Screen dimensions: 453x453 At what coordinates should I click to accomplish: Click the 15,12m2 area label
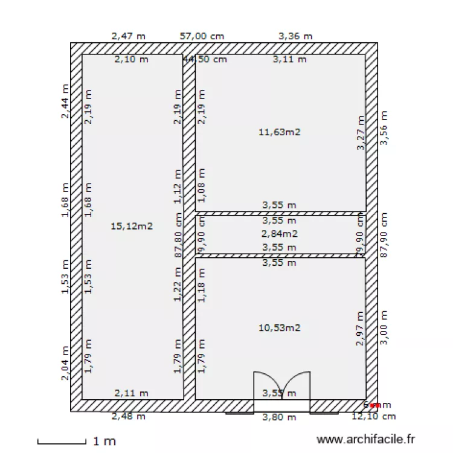(132, 226)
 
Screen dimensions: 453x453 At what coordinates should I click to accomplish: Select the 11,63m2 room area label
(279, 132)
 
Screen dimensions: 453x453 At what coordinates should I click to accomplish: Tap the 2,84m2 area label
(279, 234)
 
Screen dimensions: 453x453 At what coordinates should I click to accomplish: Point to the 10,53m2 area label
(279, 328)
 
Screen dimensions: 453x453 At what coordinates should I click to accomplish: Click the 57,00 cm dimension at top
(202, 36)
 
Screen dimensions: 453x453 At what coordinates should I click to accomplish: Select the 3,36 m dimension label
(295, 36)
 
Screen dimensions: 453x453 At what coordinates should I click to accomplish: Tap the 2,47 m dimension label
(129, 36)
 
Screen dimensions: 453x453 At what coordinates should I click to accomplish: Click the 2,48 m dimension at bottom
(129, 416)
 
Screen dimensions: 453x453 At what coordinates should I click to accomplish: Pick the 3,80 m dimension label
(279, 417)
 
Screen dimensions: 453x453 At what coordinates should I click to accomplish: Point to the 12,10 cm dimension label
(374, 416)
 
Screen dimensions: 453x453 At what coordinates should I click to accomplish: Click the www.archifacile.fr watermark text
(367, 441)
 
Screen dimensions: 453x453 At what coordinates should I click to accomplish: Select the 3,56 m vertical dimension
(383, 128)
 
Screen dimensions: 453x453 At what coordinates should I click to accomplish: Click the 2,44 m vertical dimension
(65, 101)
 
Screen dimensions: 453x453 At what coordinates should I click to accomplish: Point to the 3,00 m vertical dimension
(383, 328)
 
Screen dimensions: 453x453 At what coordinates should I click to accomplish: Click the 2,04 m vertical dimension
(65, 363)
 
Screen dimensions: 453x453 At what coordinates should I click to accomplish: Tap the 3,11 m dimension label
(289, 59)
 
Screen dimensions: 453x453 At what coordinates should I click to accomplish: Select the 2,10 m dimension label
(131, 59)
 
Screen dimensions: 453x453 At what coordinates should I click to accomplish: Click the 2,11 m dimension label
(131, 393)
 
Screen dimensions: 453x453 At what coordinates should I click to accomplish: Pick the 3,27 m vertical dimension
(361, 133)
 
